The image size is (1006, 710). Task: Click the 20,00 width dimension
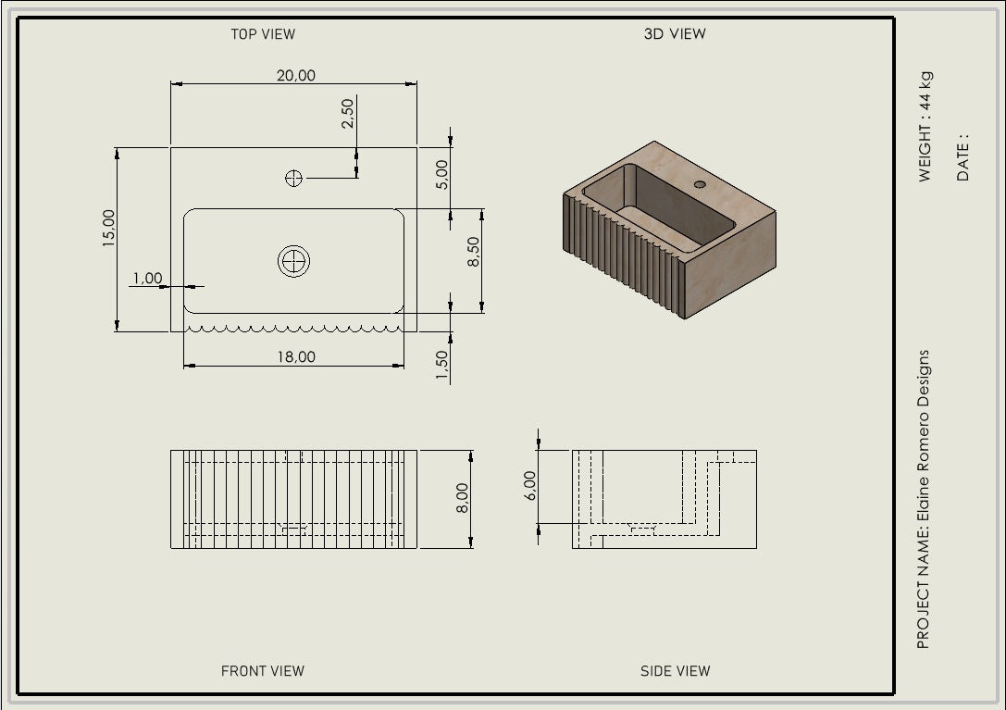pos(295,75)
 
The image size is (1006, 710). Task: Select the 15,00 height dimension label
pos(108,229)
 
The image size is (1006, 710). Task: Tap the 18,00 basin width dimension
pos(295,356)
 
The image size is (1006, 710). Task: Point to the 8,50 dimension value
pos(473,252)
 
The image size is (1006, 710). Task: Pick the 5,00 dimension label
pos(441,174)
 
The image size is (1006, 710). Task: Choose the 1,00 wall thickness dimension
pos(147,278)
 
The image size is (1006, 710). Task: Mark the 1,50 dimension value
pos(441,364)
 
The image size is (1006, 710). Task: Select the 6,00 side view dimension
pos(528,484)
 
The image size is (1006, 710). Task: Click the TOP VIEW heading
pos(263,34)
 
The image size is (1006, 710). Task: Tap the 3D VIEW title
pos(674,34)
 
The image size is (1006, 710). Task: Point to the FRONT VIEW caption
pos(262,671)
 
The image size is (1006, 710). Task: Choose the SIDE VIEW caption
pos(675,671)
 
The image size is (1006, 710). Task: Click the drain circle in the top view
pos(294,261)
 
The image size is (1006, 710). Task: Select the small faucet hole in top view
pos(293,179)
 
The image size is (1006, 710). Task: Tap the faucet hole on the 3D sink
pos(700,184)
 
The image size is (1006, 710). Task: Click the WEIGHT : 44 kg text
pos(925,126)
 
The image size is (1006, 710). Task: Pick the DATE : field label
pos(963,156)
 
